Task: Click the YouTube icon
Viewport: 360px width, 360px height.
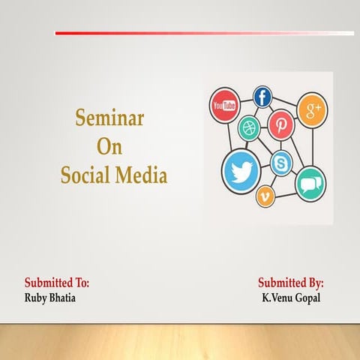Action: pos(223,105)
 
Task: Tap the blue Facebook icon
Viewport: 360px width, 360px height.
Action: pos(262,97)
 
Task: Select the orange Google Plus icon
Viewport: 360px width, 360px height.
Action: pos(311,109)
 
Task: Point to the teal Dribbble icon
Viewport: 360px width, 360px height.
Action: pos(248,128)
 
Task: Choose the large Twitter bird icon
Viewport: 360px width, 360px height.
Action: pos(241,172)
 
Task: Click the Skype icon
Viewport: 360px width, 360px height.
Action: pos(282,160)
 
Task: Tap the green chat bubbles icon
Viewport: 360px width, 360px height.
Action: pos(310,183)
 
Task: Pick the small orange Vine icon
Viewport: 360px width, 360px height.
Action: pos(266,196)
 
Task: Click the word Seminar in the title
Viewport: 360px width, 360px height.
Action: pos(109,118)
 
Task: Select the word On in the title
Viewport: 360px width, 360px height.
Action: pos(109,147)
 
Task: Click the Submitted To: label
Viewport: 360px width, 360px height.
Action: pos(57,283)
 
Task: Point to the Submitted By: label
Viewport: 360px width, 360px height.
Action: pos(290,283)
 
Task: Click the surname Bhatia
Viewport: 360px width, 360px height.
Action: pos(64,298)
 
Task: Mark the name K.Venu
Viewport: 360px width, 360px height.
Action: pos(277,298)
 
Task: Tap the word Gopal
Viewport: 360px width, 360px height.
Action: pos(308,298)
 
